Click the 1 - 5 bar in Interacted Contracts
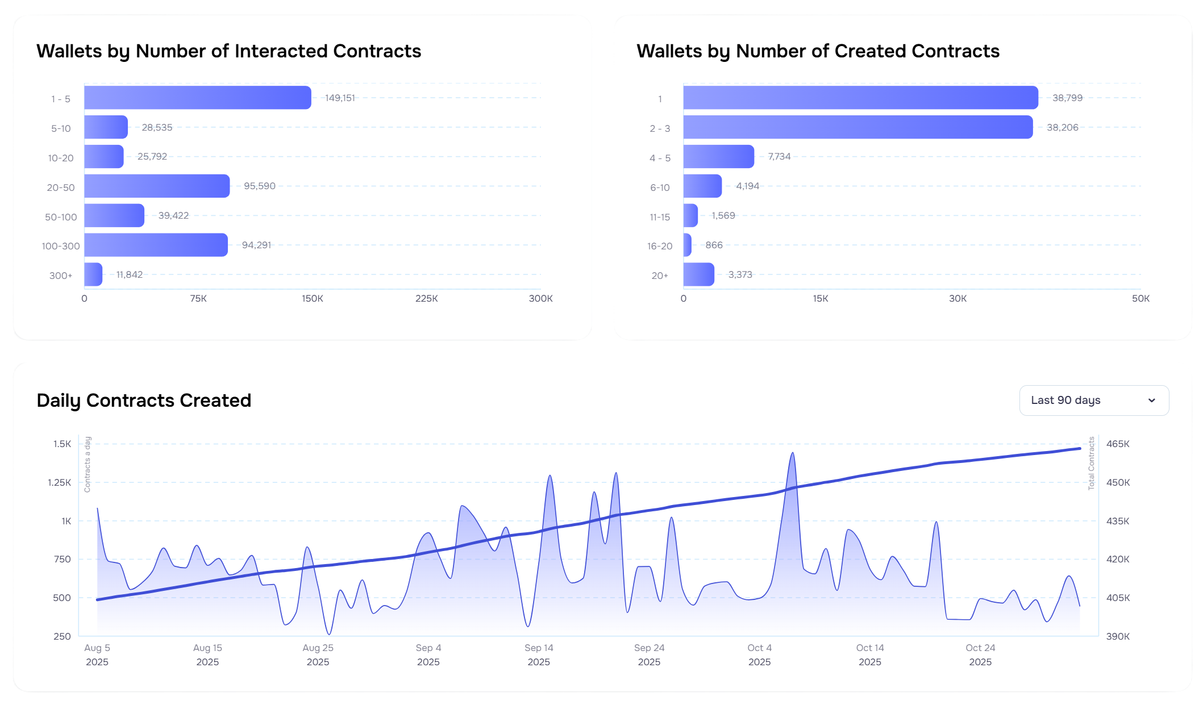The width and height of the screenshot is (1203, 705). [197, 98]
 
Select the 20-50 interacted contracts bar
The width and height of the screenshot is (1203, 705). [157, 186]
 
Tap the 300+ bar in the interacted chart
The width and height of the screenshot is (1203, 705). [93, 274]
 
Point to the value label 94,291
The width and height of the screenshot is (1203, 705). [256, 245]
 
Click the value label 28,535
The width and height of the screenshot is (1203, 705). [157, 127]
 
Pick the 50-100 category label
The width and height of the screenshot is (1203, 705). [61, 217]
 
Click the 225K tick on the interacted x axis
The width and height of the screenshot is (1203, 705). [426, 298]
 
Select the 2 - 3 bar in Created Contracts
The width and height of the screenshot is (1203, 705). [857, 127]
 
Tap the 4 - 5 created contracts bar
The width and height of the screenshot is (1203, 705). [718, 157]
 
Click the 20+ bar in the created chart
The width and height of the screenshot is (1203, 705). [698, 274]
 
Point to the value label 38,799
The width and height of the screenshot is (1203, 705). [1067, 98]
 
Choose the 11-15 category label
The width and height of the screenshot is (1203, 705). [660, 217]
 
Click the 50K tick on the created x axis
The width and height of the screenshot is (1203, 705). [1140, 298]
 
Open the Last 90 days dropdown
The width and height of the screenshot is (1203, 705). [1094, 401]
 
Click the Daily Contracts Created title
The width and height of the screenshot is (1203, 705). [144, 401]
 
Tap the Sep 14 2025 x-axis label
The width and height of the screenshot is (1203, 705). [539, 654]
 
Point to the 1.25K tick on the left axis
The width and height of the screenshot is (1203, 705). [60, 482]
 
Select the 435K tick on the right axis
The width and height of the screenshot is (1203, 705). [1118, 521]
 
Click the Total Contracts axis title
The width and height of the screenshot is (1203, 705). [1091, 463]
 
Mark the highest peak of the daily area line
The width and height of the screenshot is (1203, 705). [793, 453]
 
